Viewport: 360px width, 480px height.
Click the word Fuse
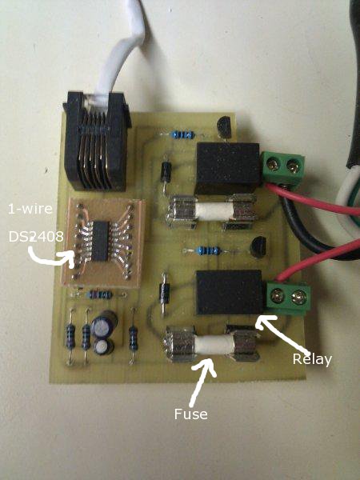(190, 414)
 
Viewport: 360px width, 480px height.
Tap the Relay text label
(312, 359)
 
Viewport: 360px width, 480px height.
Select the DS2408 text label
(36, 237)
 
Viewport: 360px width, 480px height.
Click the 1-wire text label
(30, 209)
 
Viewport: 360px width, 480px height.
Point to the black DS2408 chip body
(101, 241)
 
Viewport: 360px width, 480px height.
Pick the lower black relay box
(229, 293)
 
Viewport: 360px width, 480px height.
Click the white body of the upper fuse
(214, 212)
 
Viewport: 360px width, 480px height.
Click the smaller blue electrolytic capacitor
(103, 346)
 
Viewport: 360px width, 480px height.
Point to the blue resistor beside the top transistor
(183, 134)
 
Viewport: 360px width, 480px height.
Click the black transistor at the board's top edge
(224, 127)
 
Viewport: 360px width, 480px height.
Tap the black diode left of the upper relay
(166, 172)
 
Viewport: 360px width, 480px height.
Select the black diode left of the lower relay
(165, 293)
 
